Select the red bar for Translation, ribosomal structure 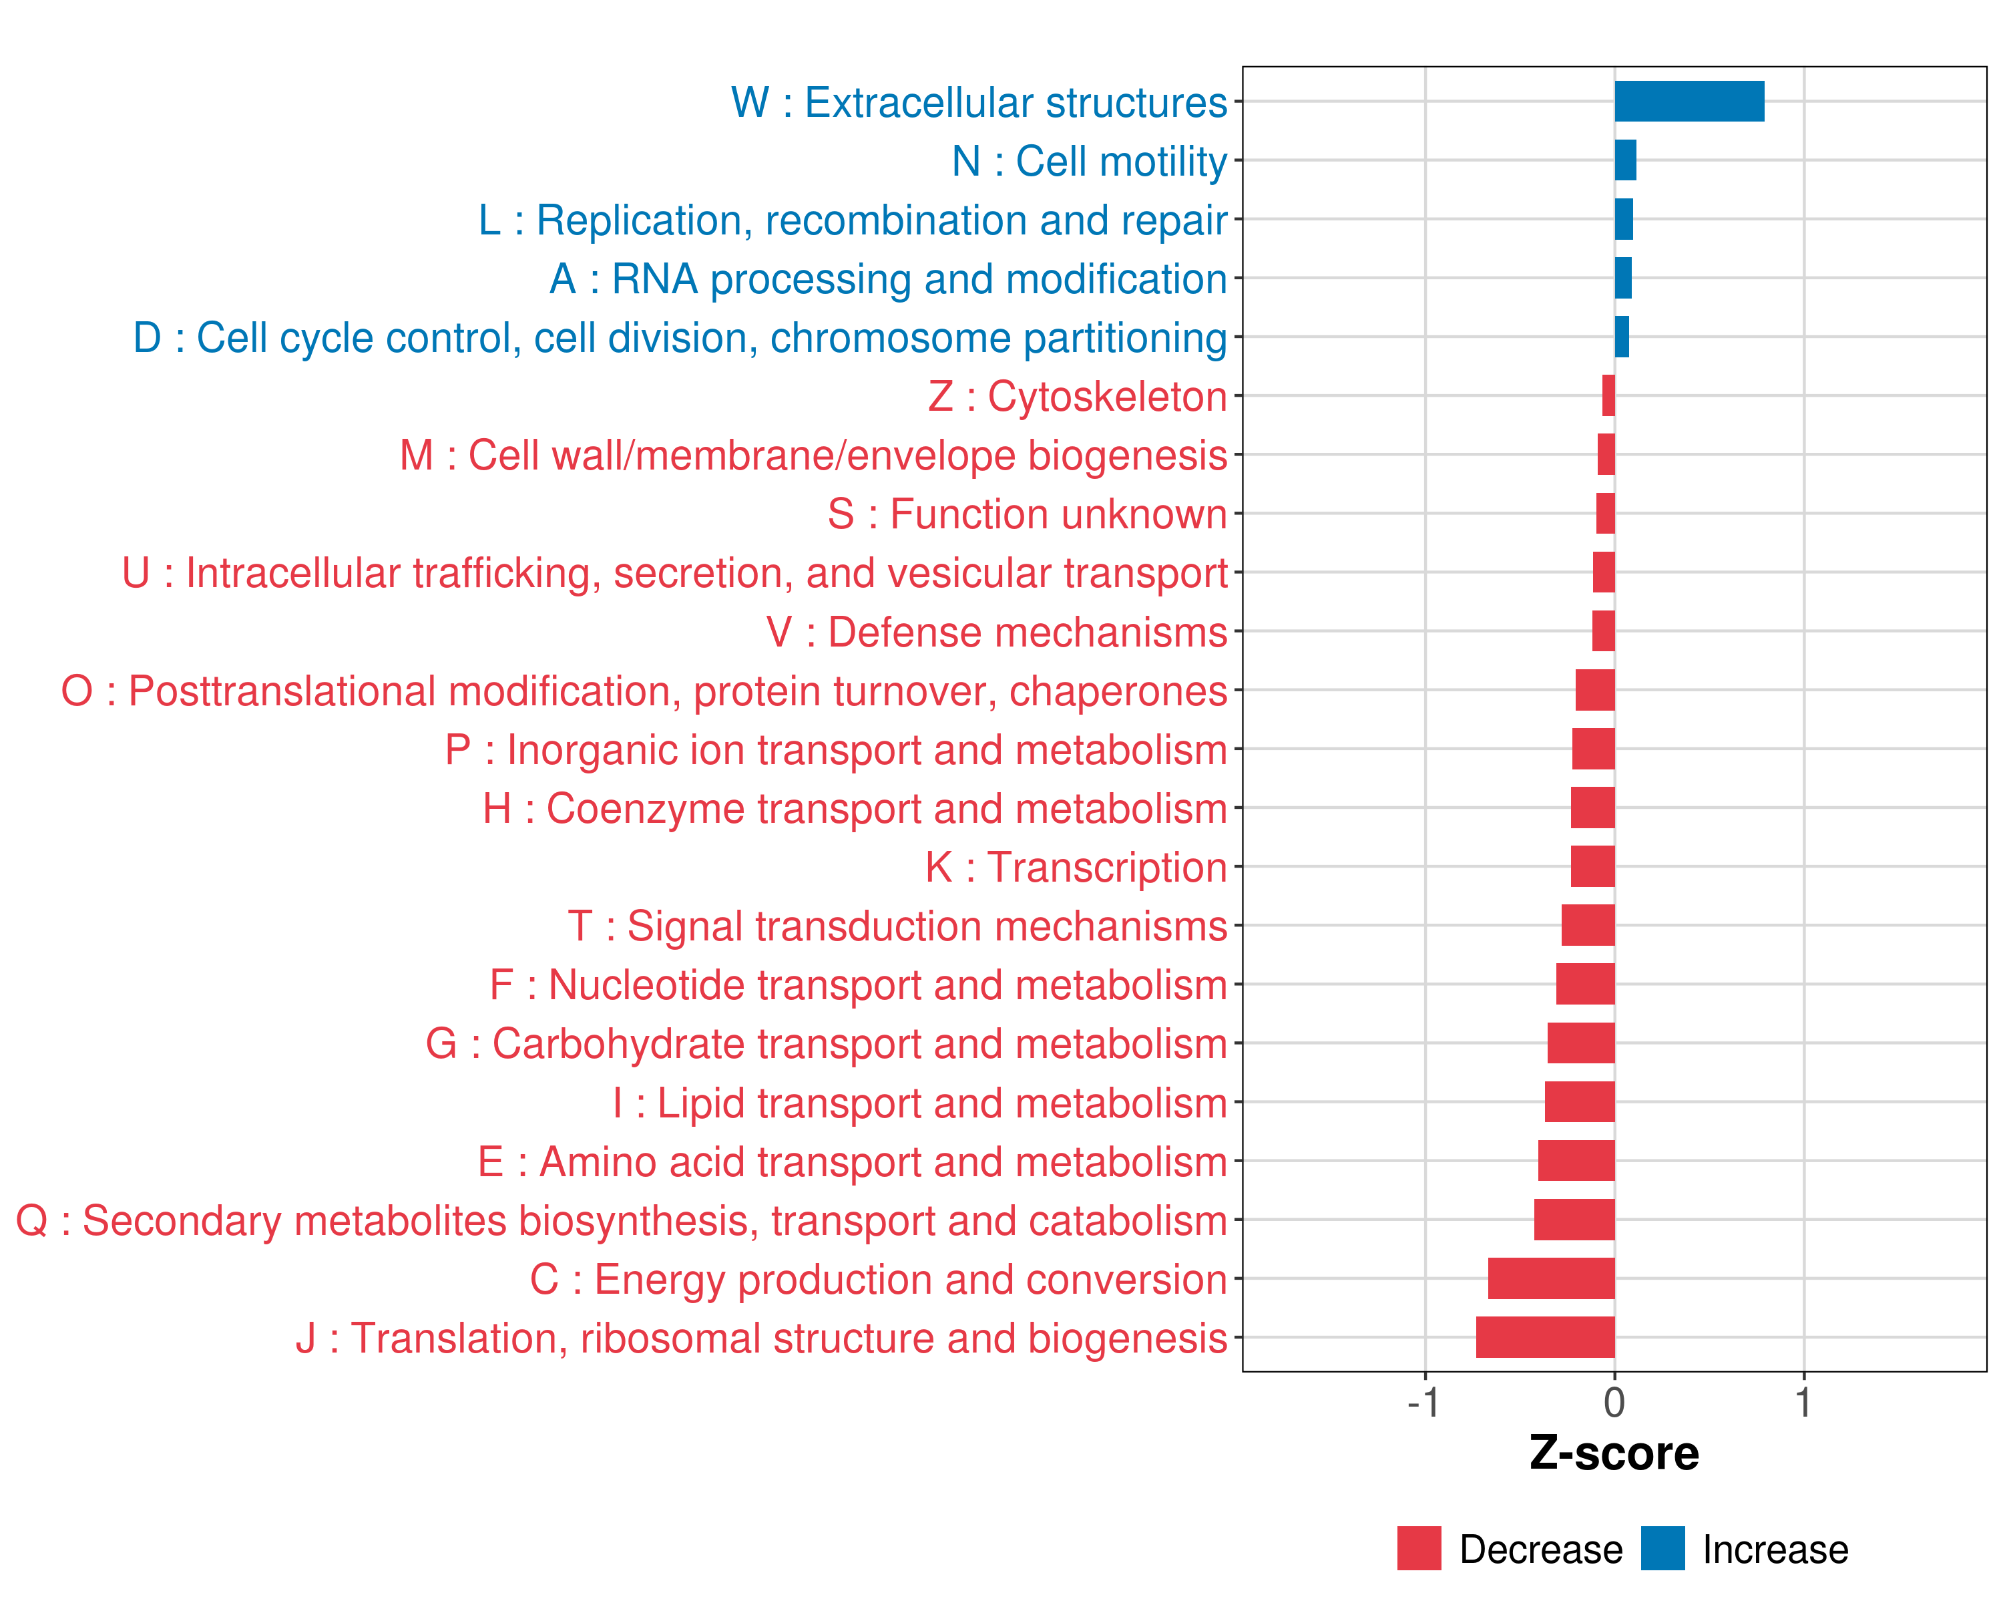[1545, 1337]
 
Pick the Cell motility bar [1625, 160]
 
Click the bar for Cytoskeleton [1608, 396]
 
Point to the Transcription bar [1592, 866]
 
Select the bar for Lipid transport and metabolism [1579, 1102]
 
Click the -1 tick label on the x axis [1423, 1402]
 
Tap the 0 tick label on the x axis [1614, 1402]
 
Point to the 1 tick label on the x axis [1803, 1402]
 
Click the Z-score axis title [1614, 1453]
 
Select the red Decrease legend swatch [1419, 1548]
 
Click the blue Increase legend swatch [1662, 1548]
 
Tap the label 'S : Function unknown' [1027, 514]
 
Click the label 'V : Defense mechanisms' [996, 632]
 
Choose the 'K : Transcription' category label [1076, 867]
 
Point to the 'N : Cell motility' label [1089, 161]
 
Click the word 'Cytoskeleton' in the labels [1106, 397]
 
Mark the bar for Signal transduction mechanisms [1588, 926]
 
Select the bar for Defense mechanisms [1604, 631]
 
